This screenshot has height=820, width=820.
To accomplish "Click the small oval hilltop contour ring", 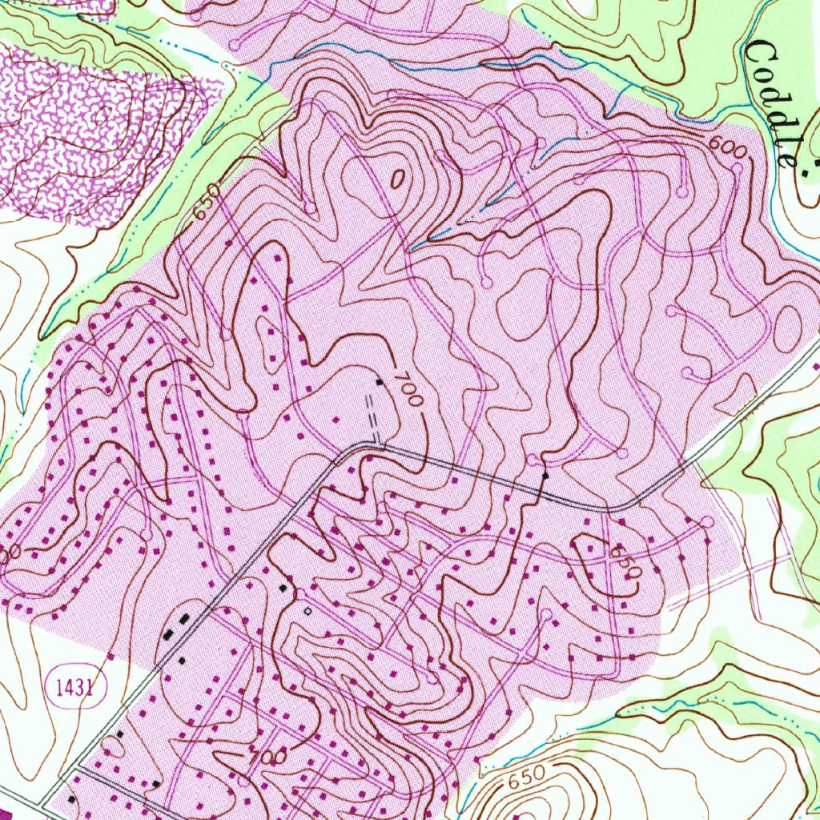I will coord(396,179).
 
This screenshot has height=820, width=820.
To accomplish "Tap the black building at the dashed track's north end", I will coord(380,382).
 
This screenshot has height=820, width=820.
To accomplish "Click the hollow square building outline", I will coord(307,610).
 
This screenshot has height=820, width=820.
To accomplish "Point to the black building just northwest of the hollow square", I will coord(283,588).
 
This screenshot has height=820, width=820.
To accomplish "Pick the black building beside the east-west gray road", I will coord(545,476).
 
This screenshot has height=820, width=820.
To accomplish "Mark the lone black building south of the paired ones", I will coord(182,661).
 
